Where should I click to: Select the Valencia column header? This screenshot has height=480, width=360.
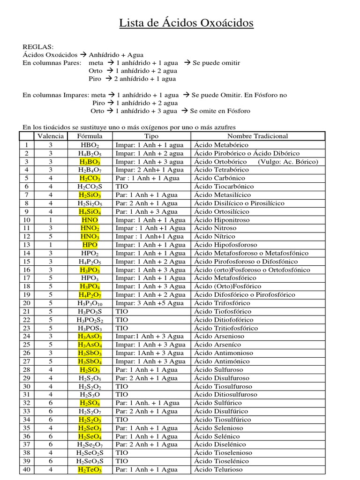coord(51,136)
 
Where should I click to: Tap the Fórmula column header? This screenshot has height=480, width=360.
coord(90,136)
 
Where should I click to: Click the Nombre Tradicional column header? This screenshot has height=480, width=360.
coord(257,136)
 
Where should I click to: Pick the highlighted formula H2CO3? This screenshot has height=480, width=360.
coord(90,178)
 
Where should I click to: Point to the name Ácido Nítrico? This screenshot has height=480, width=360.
coord(215,236)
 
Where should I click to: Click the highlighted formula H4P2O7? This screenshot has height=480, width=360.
coord(90,295)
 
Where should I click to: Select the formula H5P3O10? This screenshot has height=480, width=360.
coord(90,303)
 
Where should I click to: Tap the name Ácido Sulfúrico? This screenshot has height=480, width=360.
coord(217,403)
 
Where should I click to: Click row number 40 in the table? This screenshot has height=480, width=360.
coord(27,470)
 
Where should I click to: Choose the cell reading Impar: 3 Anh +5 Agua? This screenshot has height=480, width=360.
coord(150,303)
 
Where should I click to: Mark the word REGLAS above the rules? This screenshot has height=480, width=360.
coord(38,47)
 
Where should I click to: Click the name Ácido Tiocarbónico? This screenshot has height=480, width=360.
coord(224,187)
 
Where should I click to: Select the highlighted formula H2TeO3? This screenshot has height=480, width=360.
coord(90,470)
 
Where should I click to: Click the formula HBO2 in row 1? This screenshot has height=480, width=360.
coord(90,145)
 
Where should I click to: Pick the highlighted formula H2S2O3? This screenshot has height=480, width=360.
coord(90,420)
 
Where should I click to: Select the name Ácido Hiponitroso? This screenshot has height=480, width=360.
coord(222,220)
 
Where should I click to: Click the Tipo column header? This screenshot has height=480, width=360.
coord(151,136)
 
